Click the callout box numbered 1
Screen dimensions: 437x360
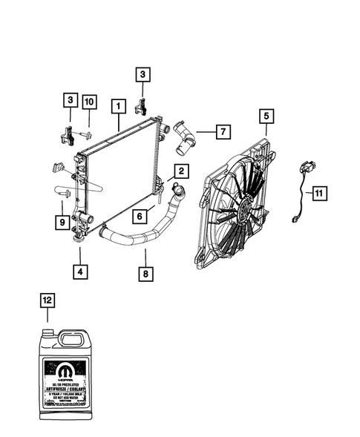click(x=117, y=107)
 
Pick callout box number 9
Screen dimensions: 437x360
click(x=64, y=220)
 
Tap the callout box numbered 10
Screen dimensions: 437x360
click(x=89, y=101)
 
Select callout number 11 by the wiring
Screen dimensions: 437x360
click(x=318, y=194)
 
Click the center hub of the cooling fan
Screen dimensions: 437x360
click(x=242, y=206)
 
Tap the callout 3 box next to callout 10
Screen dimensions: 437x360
click(x=71, y=101)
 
